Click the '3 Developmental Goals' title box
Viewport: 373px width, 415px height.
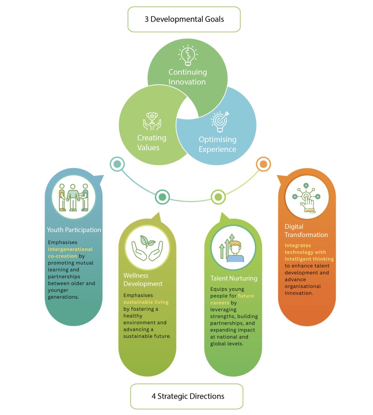184,19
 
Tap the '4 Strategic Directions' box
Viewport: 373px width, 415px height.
186,396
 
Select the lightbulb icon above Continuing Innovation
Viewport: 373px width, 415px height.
188,55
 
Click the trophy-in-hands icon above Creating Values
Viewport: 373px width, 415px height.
152,121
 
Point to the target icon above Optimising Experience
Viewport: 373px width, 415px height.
220,121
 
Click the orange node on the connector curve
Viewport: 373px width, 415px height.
263,164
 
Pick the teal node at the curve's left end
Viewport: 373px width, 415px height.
117,164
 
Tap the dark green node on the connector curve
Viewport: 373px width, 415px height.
162,197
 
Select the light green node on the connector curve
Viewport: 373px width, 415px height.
218,197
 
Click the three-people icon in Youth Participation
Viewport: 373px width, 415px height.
74,197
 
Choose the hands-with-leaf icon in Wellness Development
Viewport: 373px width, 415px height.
147,248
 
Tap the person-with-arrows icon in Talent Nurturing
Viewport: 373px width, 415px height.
232,248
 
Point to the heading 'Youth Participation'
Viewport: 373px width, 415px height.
74,230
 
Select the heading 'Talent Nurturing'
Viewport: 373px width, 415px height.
234,278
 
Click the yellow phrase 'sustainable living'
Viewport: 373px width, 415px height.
146,302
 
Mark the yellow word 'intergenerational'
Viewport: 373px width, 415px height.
70,249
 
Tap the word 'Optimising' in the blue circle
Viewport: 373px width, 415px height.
218,140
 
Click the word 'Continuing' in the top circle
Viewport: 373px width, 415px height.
188,72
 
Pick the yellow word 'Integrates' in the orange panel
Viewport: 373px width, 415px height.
298,245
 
